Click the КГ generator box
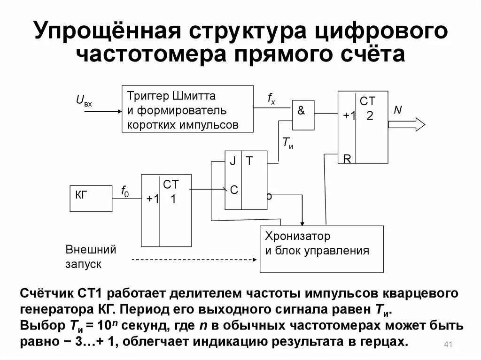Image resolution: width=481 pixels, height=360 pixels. point(91,198)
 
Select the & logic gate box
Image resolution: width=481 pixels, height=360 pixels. point(303,115)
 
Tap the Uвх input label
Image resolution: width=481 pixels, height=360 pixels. point(84,100)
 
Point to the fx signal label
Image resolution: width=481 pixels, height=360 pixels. point(272,98)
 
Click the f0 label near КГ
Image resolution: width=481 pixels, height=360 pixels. point(125,191)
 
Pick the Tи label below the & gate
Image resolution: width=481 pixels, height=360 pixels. point(287,143)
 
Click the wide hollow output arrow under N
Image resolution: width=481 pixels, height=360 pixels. point(407,124)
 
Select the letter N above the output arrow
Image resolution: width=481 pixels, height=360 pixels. point(398,109)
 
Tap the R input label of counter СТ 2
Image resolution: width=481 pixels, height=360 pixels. point(347,159)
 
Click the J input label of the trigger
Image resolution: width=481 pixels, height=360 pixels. point(232,161)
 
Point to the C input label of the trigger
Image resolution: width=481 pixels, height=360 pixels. point(233,190)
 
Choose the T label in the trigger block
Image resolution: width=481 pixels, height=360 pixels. point(249,161)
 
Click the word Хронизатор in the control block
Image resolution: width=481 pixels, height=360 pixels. point(297,236)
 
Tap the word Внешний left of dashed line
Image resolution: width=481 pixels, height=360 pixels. point(90,249)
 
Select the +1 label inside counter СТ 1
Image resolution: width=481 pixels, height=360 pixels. point(153,199)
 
